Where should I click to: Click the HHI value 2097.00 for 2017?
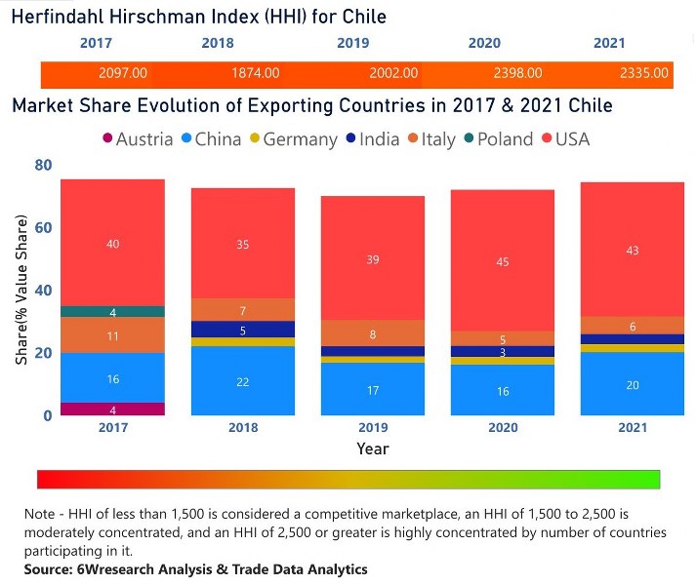(x=123, y=73)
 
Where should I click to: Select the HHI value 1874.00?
(x=256, y=73)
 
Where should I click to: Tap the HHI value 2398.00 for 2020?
(x=512, y=73)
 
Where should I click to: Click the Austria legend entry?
(x=137, y=139)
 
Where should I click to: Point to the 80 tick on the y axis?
(x=42, y=166)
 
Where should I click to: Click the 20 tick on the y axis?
(x=42, y=353)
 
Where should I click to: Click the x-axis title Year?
(x=372, y=449)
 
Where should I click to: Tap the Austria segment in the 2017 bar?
(x=113, y=409)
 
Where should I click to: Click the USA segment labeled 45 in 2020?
(x=503, y=260)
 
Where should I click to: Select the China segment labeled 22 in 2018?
(x=243, y=381)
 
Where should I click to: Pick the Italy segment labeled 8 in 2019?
(x=373, y=333)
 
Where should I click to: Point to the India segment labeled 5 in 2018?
(x=243, y=330)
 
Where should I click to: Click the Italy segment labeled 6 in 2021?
(x=632, y=326)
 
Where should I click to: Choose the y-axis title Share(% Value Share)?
(x=21, y=293)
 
